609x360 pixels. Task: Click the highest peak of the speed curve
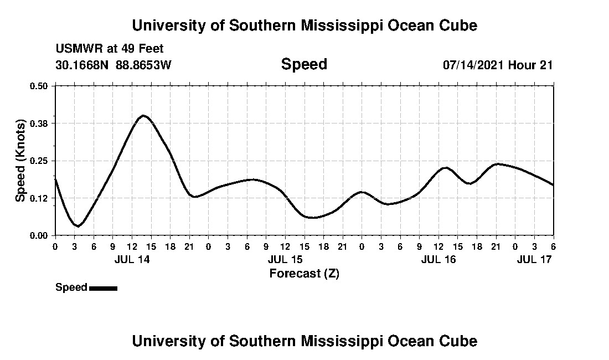(143, 115)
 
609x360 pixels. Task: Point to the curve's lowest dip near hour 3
(78, 226)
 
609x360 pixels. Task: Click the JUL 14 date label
(132, 259)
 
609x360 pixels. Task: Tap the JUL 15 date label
(285, 259)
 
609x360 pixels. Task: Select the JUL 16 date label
(438, 259)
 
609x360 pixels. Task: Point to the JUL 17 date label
(534, 259)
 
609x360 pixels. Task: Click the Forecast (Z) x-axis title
(304, 273)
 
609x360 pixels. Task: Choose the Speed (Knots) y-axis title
(20, 161)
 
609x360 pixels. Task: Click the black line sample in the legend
(103, 288)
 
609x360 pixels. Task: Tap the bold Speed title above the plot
(304, 64)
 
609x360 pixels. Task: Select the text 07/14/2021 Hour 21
(498, 65)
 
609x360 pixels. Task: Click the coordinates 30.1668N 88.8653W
(113, 65)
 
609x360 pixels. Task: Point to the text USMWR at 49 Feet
(110, 49)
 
